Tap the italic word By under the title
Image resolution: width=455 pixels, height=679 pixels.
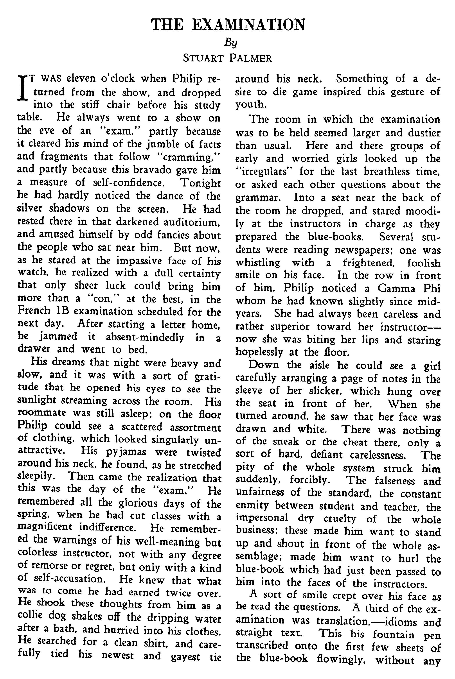point(231,43)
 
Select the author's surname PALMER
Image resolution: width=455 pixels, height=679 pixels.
point(250,59)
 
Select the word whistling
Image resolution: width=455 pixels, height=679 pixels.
point(258,263)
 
